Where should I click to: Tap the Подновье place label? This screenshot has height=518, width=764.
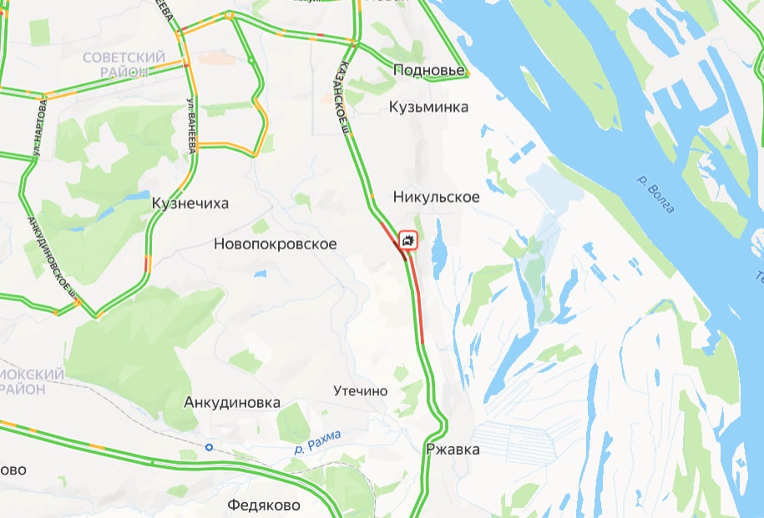[429, 70]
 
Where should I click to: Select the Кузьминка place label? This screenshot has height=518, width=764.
[429, 107]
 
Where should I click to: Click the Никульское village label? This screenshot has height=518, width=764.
[436, 197]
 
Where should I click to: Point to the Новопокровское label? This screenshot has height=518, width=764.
[276, 244]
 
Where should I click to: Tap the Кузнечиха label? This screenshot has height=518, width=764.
[190, 203]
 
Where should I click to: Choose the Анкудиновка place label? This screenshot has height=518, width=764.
[232, 402]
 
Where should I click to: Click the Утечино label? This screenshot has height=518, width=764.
[361, 390]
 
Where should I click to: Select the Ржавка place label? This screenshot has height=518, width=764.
[453, 450]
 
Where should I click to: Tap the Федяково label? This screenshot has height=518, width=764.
[264, 505]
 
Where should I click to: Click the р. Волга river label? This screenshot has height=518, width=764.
[655, 194]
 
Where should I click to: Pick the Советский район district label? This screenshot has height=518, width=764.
[125, 64]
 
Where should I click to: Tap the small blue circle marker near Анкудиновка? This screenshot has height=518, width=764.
[209, 447]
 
